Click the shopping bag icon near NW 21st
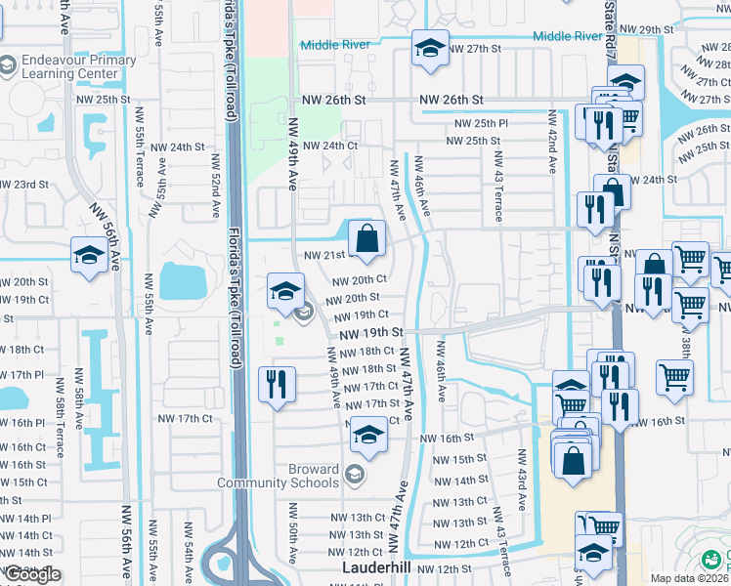click(366, 238)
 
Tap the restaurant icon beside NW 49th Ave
click(278, 384)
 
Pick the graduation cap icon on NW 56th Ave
click(89, 258)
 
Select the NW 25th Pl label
click(482, 124)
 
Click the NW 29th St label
click(652, 30)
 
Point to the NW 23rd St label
click(23, 184)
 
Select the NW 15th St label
click(456, 458)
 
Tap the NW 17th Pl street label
click(22, 374)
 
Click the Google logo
click(32, 574)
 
